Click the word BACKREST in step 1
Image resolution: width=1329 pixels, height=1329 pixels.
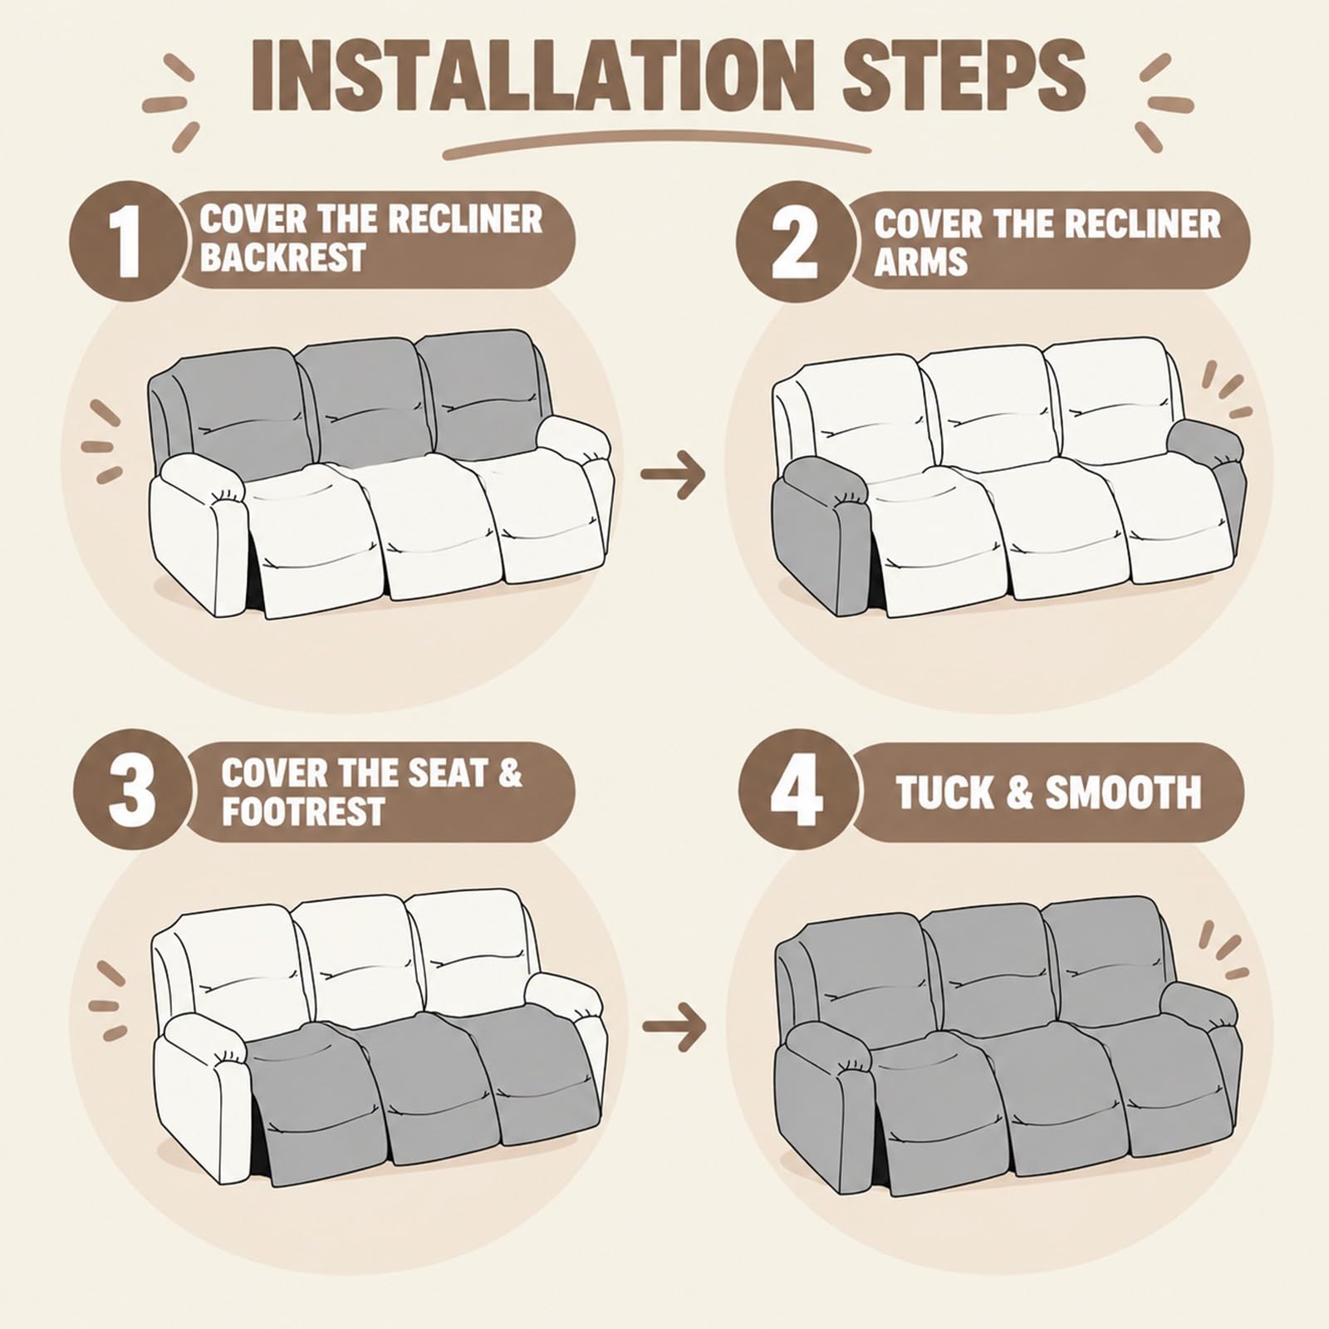(x=283, y=257)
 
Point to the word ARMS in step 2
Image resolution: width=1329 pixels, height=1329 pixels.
(x=921, y=262)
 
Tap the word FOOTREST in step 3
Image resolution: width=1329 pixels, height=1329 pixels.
(x=303, y=811)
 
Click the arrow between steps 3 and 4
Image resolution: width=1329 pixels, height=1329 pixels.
(x=674, y=1027)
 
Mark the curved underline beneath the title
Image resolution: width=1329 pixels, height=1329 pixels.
(x=656, y=143)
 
